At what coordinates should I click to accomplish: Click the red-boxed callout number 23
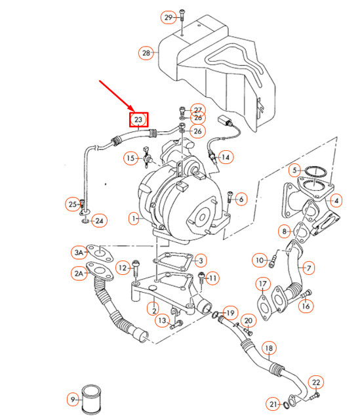click(138, 119)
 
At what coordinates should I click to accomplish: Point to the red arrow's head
click(132, 109)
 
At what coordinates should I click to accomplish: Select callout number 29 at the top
click(169, 16)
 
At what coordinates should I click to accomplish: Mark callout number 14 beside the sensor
click(225, 157)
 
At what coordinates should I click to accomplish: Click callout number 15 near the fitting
click(130, 158)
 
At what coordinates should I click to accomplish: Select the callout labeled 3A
click(79, 251)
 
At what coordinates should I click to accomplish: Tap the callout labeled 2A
click(79, 272)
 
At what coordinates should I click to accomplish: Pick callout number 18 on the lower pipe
click(269, 347)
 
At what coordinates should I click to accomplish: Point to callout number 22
click(316, 383)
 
